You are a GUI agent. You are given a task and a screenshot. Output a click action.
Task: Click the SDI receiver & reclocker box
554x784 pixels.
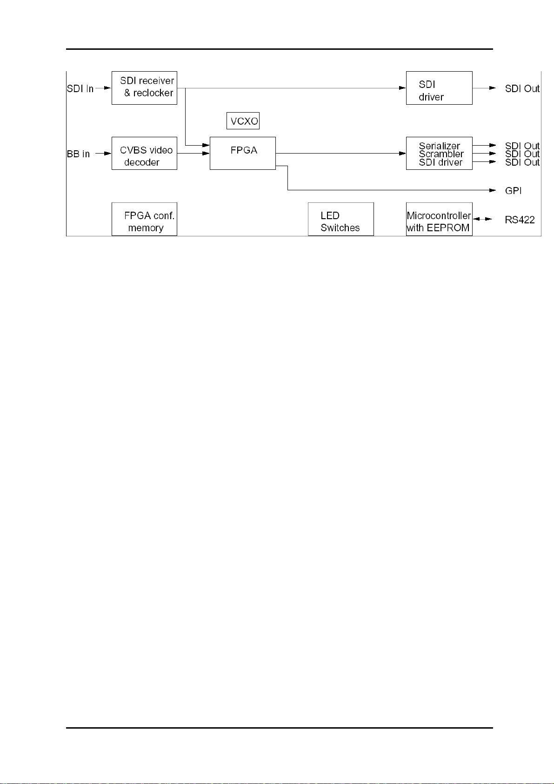point(144,88)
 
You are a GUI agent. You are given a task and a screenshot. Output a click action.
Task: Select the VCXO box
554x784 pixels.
point(243,121)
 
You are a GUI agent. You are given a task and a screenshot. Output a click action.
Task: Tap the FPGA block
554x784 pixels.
point(242,153)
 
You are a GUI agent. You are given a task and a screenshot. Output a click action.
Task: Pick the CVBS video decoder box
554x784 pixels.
point(144,153)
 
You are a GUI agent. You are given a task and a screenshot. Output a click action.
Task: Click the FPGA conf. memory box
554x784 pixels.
point(144,219)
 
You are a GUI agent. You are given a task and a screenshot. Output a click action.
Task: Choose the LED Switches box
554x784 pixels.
point(340,219)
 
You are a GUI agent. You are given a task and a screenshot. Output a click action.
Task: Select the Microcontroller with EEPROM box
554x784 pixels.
point(439,219)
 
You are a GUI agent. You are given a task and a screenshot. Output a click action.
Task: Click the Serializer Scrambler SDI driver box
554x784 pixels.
point(439,153)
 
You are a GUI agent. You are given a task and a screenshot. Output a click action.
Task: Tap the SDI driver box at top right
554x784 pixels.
point(439,88)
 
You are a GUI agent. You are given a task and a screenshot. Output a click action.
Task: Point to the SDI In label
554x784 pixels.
point(80,88)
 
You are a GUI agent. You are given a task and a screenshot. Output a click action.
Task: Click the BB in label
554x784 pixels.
point(78,154)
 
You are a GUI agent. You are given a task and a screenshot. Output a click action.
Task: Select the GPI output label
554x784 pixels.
point(513,191)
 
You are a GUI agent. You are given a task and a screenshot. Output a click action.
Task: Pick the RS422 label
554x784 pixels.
point(520,220)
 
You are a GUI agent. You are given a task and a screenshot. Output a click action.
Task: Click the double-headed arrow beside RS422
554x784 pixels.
point(482,219)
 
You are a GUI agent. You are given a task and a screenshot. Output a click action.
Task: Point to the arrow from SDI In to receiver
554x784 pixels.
point(103,88)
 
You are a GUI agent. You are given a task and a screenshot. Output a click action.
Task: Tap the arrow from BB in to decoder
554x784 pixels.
point(103,153)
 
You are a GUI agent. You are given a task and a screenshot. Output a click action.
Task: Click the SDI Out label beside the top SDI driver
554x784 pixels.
point(522,88)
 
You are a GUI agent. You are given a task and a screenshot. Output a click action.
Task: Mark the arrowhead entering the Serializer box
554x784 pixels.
point(402,153)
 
